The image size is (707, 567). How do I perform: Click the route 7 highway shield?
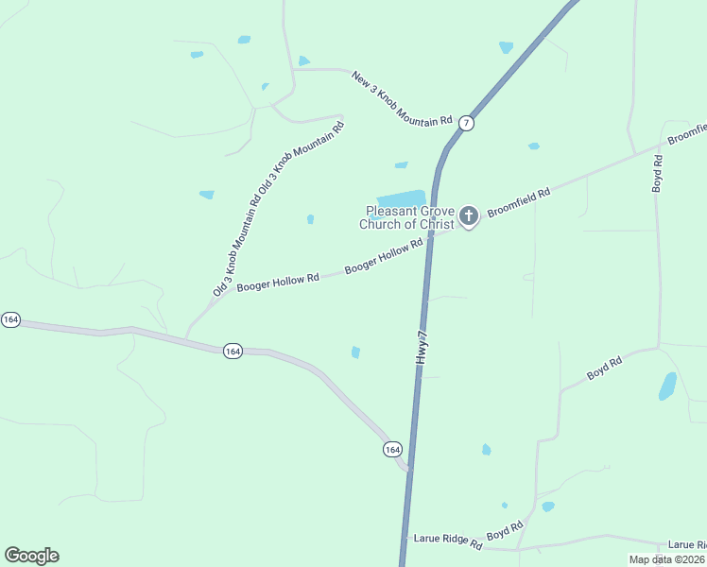click(x=467, y=123)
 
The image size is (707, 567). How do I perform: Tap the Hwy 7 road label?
click(x=422, y=349)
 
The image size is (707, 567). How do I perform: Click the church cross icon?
click(x=468, y=217)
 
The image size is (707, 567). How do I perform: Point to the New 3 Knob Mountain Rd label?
click(x=402, y=98)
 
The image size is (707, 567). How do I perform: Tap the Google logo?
click(x=31, y=556)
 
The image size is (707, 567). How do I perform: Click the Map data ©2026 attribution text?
click(x=666, y=559)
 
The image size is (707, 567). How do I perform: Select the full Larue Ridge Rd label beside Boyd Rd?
click(x=448, y=541)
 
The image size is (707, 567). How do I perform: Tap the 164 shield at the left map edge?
click(x=10, y=320)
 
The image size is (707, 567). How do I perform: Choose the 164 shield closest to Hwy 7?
click(x=393, y=449)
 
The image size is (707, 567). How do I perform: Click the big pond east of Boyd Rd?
click(x=667, y=386)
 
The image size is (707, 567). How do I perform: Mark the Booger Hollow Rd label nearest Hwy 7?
click(x=383, y=257)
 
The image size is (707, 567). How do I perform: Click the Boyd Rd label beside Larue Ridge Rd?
click(x=506, y=532)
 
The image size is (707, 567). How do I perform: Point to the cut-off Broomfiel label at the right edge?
click(x=687, y=133)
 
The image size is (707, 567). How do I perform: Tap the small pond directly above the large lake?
click(x=401, y=165)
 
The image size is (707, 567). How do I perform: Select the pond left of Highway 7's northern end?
click(x=506, y=47)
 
